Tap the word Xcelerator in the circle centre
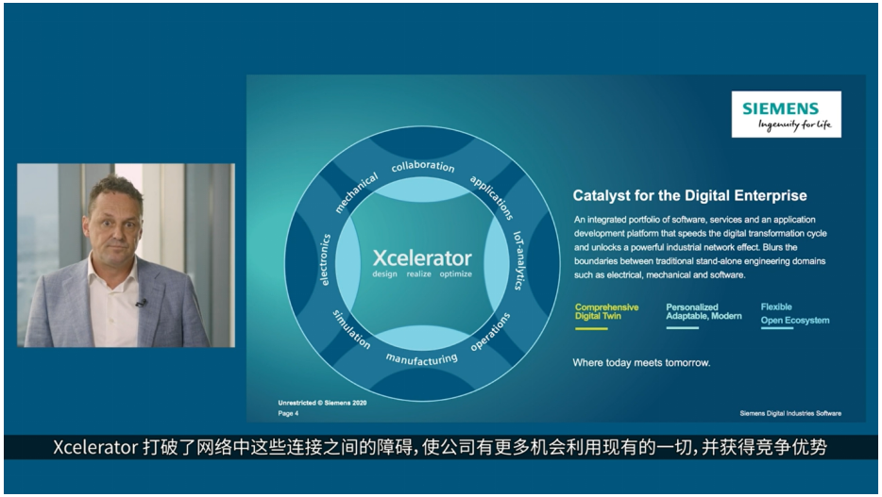422,257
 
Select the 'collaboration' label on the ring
423,166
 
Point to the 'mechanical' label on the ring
356,193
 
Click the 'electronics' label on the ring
325,260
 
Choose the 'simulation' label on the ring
351,329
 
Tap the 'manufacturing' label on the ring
422,359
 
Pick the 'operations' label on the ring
490,331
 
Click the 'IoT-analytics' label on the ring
518,260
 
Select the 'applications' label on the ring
492,197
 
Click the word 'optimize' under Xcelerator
455,274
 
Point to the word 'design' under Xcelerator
384,274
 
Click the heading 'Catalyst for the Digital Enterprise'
689,195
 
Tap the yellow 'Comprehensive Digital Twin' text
606,311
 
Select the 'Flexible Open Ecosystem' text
795,313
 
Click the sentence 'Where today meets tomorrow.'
641,363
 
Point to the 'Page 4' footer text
288,413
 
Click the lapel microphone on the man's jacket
141,304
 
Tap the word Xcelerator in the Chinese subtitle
95,447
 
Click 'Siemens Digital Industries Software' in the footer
790,413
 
